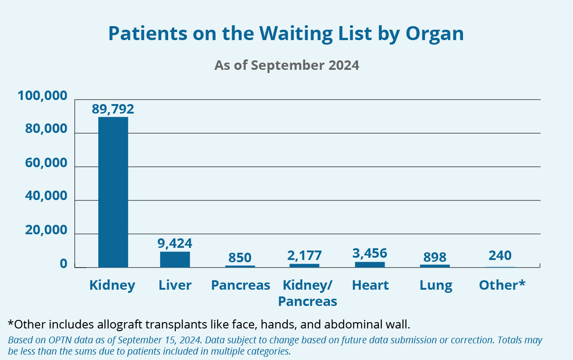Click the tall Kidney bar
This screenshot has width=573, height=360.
[113, 192]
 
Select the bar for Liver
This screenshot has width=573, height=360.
[175, 260]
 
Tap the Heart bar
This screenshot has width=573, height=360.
[370, 264]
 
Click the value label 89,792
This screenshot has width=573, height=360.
[113, 109]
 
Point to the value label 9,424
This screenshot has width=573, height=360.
[175, 244]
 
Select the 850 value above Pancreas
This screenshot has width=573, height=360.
[240, 258]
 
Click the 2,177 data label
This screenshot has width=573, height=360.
[305, 255]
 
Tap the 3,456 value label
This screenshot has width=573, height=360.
[370, 253]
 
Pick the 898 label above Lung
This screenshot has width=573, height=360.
[435, 257]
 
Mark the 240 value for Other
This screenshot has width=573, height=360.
[500, 255]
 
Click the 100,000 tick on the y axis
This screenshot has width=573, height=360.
[42, 96]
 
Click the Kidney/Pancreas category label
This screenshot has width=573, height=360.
[307, 293]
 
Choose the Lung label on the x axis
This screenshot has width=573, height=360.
[435, 285]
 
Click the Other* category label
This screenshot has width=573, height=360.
[502, 285]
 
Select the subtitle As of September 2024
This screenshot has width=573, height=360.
[287, 65]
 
